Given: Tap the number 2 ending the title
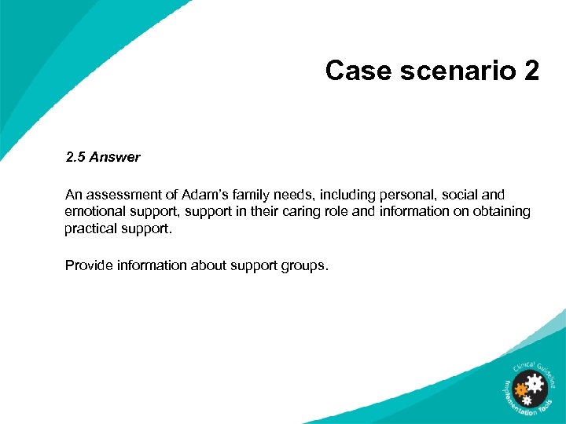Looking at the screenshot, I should click(x=531, y=71).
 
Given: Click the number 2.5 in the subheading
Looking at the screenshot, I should click(x=75, y=157).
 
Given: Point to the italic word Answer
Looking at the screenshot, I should click(x=115, y=157).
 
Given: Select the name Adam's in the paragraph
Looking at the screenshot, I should click(x=200, y=194).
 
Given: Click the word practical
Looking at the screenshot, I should click(x=91, y=228).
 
